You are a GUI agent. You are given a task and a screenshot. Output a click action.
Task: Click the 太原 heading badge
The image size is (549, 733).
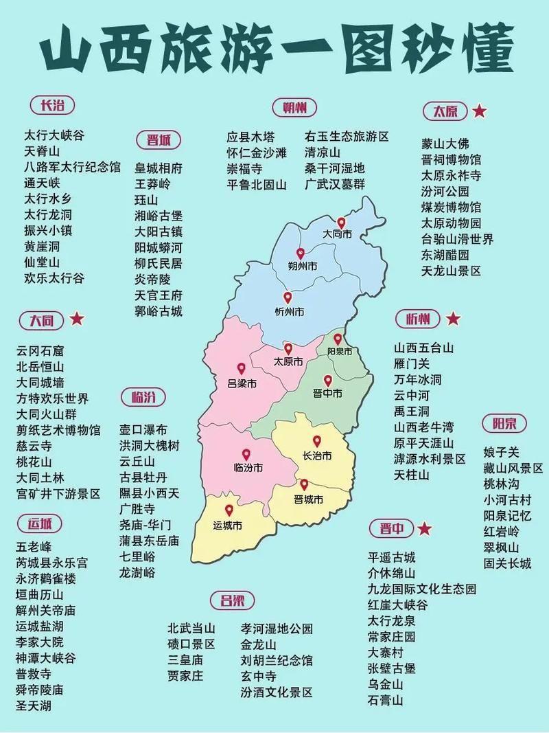(x=445, y=111)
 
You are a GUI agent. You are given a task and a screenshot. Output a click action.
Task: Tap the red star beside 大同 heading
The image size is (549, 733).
(x=77, y=319)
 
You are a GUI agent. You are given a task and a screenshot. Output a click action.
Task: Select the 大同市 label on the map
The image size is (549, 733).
(x=338, y=234)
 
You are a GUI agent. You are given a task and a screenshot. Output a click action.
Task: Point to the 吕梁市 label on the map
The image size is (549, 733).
(x=242, y=382)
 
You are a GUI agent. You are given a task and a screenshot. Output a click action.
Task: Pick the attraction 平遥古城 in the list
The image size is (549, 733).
(x=391, y=557)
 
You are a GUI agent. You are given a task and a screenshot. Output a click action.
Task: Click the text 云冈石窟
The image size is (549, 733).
(x=40, y=350)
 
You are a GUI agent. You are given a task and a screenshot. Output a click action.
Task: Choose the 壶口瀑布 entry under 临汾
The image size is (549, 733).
(x=143, y=429)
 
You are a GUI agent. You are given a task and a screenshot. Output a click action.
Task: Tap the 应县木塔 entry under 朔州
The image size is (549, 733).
(x=251, y=136)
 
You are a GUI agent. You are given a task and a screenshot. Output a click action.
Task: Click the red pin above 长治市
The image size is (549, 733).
(x=317, y=441)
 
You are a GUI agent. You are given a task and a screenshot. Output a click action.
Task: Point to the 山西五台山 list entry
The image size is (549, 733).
(x=423, y=348)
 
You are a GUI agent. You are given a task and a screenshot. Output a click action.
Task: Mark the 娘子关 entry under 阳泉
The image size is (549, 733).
(x=502, y=451)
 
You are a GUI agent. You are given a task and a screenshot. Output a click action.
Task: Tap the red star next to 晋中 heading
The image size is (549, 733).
(x=424, y=528)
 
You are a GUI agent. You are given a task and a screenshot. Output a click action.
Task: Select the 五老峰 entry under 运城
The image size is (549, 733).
(x=34, y=547)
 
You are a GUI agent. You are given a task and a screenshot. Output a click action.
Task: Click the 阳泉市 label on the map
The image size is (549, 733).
(x=339, y=351)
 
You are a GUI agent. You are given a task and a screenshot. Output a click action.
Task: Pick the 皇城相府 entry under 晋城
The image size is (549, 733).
(x=159, y=168)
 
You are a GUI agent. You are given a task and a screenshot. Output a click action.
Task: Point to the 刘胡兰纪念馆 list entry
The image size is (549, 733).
(x=277, y=660)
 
